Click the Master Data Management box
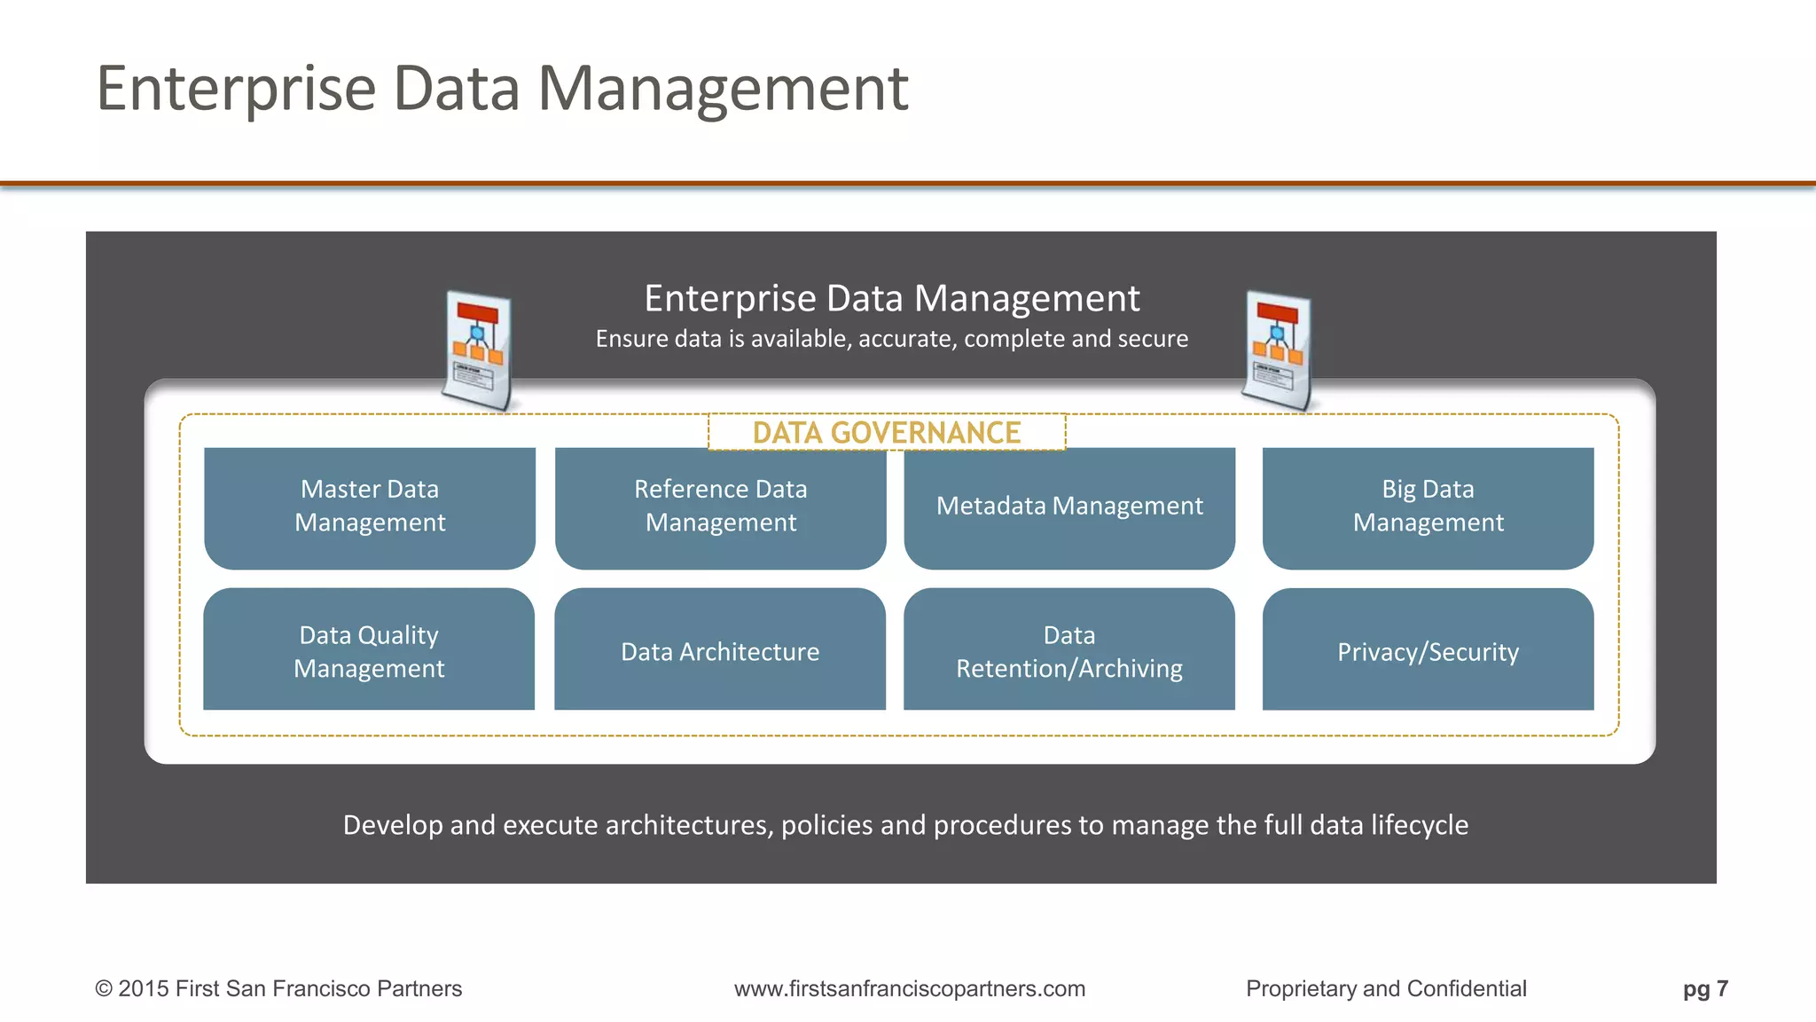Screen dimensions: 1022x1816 [370, 507]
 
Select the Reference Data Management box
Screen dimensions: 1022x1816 [720, 507]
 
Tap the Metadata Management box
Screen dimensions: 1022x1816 [1069, 507]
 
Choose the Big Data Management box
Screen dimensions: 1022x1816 [1428, 507]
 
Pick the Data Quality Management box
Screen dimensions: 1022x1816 [369, 650]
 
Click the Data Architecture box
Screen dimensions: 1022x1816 [720, 650]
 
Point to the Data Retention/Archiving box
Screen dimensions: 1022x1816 [1069, 650]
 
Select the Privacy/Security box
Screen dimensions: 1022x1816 [1428, 650]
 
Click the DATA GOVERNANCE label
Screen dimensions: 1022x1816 [887, 433]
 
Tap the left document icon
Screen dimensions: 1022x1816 [478, 350]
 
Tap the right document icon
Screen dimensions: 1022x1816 [1278, 350]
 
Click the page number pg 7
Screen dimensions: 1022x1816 [1705, 988]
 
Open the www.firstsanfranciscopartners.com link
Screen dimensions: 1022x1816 [910, 988]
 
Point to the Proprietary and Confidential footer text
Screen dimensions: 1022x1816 [1386, 988]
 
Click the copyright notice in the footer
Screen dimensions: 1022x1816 [278, 988]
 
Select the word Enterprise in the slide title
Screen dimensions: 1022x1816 [236, 89]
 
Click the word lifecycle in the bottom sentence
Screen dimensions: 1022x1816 [1420, 825]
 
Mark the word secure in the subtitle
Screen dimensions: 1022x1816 [1152, 339]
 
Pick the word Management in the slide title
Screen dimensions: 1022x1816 [723, 89]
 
